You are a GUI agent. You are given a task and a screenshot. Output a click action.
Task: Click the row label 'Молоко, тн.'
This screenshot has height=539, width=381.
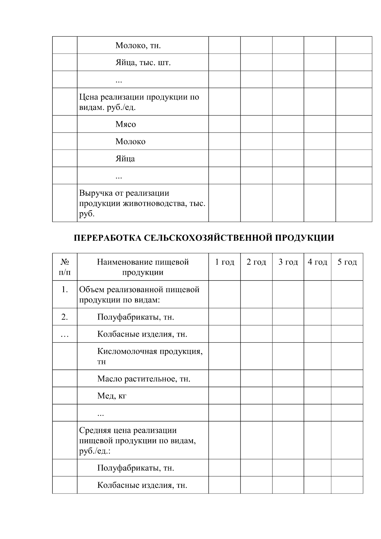click(138, 46)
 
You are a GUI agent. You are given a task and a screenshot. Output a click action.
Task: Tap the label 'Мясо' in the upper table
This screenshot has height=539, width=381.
click(125, 125)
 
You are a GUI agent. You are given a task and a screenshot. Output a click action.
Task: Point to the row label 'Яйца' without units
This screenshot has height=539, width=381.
click(125, 159)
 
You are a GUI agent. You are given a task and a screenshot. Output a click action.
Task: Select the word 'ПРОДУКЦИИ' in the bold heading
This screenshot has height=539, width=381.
click(304, 238)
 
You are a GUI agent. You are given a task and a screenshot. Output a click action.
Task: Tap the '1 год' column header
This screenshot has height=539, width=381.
click(224, 262)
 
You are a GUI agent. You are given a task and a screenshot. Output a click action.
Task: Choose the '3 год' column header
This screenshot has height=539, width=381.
click(288, 262)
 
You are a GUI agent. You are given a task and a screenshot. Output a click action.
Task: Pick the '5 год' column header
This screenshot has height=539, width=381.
click(347, 262)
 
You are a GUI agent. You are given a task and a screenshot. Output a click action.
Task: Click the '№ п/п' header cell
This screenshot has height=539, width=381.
click(65, 267)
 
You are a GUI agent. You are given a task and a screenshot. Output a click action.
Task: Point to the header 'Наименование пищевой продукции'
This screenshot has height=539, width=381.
click(143, 267)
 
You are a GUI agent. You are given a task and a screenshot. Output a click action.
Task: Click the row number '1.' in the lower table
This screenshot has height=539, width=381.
click(65, 290)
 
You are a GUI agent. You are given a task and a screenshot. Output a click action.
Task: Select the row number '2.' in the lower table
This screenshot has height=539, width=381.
click(65, 317)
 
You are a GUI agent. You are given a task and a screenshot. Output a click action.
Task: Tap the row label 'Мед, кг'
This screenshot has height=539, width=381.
click(112, 396)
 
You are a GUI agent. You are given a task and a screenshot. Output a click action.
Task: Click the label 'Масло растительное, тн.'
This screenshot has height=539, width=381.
click(144, 379)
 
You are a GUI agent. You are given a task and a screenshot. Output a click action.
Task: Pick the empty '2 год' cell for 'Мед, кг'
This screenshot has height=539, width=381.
click(256, 396)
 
